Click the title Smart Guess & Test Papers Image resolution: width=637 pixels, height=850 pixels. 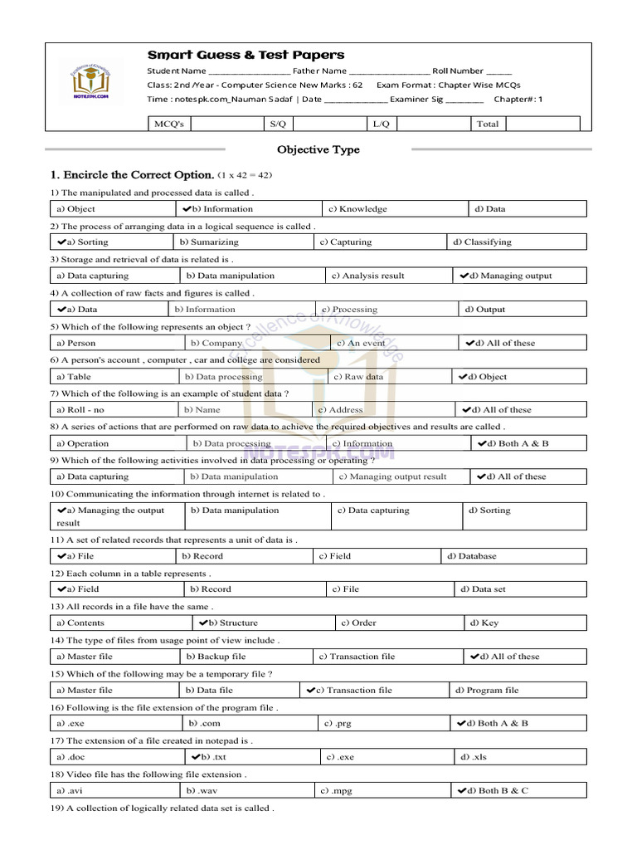(x=246, y=55)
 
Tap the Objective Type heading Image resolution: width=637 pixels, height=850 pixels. (x=318, y=150)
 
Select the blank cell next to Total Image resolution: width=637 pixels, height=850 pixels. (x=541, y=124)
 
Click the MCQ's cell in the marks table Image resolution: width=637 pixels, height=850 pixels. (x=169, y=124)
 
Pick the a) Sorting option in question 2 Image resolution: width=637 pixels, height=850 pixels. (x=83, y=242)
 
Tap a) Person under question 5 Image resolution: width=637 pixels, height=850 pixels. (x=76, y=343)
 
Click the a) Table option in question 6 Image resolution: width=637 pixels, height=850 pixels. (x=74, y=377)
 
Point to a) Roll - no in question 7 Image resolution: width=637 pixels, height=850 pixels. (x=80, y=410)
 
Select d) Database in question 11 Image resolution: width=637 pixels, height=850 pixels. (x=472, y=556)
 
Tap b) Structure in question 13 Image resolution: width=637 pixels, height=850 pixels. (x=229, y=623)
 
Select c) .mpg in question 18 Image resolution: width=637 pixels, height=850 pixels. (x=338, y=791)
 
